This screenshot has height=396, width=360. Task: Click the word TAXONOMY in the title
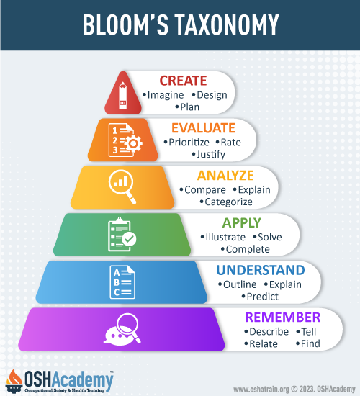pos(227,24)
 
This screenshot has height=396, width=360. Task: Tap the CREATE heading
pos(183,81)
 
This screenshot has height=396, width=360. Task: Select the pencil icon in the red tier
pos(123,96)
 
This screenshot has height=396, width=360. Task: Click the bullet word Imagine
pos(166,95)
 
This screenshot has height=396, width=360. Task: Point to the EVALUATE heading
pos(203,128)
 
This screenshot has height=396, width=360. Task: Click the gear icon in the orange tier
pos(133,143)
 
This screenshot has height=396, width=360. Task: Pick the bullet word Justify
pos(211,154)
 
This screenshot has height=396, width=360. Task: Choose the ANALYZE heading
pos(225,176)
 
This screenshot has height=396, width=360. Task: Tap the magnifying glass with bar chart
pos(122,186)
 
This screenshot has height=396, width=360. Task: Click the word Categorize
pos(228,202)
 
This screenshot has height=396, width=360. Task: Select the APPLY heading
pos(241,223)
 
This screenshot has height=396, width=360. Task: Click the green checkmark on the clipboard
pos(130,238)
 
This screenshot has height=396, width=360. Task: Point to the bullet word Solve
pos(269,237)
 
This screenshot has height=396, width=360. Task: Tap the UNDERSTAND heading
pos(261,270)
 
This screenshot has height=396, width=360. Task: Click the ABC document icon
pos(122,282)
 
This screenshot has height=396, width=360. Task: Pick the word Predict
pos(263,297)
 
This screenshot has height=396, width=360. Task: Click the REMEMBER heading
pos(282,318)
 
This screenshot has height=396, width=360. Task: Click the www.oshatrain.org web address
pos(261,390)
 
